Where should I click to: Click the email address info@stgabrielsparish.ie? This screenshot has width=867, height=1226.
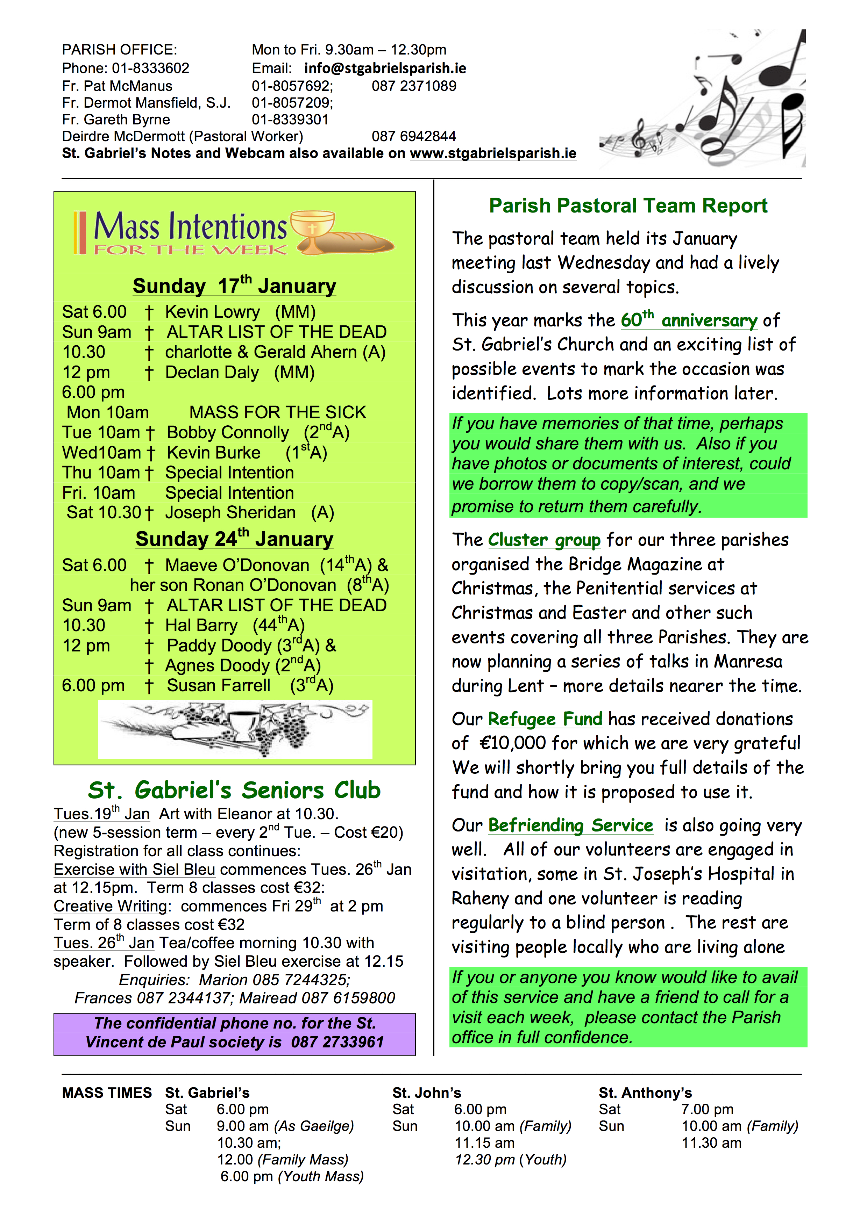[x=385, y=68]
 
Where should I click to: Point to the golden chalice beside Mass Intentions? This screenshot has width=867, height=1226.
[x=313, y=231]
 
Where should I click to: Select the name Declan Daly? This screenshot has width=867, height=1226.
[x=212, y=372]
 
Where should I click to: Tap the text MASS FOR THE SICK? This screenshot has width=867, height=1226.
[x=277, y=412]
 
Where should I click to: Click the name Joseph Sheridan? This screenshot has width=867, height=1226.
[x=230, y=513]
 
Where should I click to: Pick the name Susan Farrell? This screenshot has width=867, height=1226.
[x=219, y=686]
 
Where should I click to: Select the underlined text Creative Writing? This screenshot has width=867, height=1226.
[x=111, y=906]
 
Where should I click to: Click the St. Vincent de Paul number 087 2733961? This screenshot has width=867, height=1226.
[x=337, y=1042]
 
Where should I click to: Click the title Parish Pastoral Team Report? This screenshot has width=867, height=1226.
[x=628, y=205]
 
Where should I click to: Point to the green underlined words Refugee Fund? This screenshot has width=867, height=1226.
[x=545, y=719]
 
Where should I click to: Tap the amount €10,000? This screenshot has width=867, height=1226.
[x=512, y=743]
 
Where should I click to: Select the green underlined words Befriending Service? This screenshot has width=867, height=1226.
[x=570, y=825]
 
